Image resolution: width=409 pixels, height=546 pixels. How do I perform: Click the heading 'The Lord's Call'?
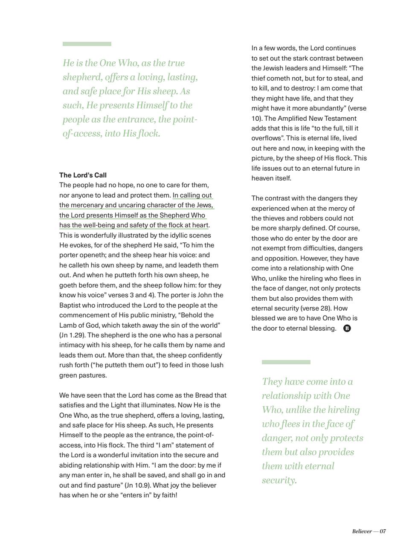click(83, 175)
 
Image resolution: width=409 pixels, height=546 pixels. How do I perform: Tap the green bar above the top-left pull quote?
click(87, 44)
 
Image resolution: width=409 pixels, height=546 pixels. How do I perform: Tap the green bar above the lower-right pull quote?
click(286, 362)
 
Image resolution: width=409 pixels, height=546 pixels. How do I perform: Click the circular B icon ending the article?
click(347, 328)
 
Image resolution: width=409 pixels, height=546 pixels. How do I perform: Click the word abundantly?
click(325, 108)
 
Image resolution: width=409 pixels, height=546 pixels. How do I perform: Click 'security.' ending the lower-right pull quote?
click(279, 480)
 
